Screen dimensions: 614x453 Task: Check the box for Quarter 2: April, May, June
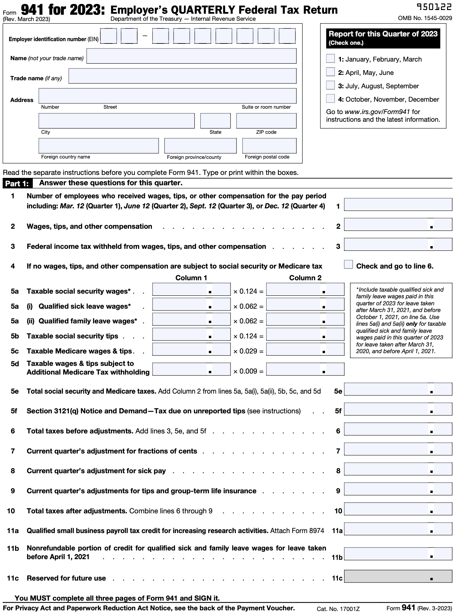pyautogui.click(x=330, y=72)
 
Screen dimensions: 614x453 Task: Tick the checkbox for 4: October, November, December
pyautogui.click(x=330, y=99)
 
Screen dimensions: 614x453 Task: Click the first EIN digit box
pyautogui.click(x=108, y=36)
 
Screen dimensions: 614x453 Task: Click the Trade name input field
pyautogui.click(x=182, y=76)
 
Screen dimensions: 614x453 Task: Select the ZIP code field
pyautogui.click(x=266, y=121)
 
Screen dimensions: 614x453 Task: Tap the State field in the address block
pyautogui.click(x=215, y=121)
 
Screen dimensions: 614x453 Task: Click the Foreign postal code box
pyautogui.click(x=269, y=146)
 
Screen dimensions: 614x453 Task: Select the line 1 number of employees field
pyautogui.click(x=398, y=204)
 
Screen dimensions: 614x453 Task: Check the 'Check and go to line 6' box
pyautogui.click(x=348, y=265)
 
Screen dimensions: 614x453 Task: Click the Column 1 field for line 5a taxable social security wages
pyautogui.click(x=191, y=289)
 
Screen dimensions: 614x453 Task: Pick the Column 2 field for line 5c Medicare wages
pyautogui.click(x=305, y=349)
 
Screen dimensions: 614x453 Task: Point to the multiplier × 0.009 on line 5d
pyautogui.click(x=248, y=371)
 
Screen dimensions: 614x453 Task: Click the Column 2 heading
pyautogui.click(x=305, y=278)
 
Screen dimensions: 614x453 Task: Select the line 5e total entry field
pyautogui.click(x=398, y=389)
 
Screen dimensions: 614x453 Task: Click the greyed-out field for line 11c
pyautogui.click(x=398, y=576)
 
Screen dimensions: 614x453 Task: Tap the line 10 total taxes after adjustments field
pyautogui.click(x=398, y=509)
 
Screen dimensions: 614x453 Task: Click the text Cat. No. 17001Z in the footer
pyautogui.click(x=338, y=609)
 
